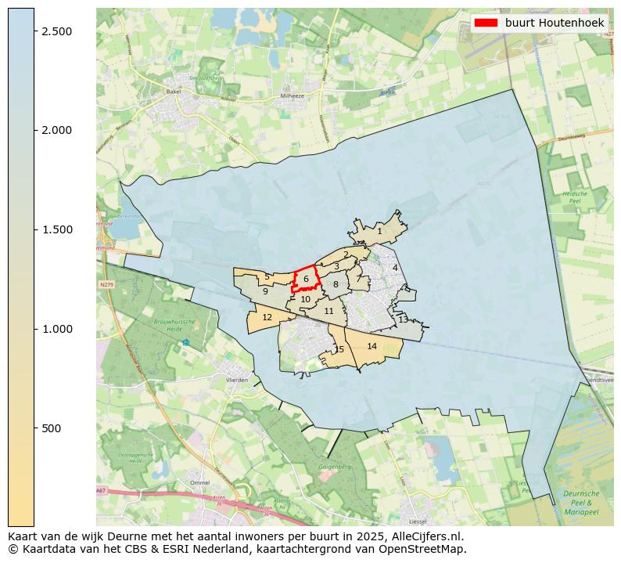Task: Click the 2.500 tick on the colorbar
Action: tap(34, 31)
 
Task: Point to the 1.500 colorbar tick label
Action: tap(57, 229)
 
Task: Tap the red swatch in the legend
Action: tap(486, 23)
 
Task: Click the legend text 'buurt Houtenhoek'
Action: tap(554, 23)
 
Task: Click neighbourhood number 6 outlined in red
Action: tap(307, 279)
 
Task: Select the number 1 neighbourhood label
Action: tap(379, 231)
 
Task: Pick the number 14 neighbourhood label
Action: tap(372, 346)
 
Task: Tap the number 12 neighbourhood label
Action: tap(267, 317)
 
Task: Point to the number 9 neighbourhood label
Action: tap(265, 291)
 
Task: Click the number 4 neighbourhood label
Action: tap(395, 268)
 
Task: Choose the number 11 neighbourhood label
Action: tap(328, 311)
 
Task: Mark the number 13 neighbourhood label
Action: tap(403, 319)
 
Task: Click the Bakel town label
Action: tap(173, 92)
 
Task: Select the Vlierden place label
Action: tap(236, 380)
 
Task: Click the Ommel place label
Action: tap(199, 483)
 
